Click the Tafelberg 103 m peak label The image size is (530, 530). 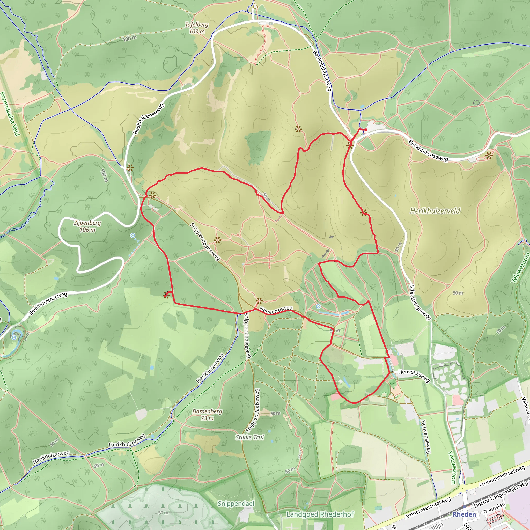196,28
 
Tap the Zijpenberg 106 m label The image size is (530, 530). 87,226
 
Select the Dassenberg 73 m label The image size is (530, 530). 207,415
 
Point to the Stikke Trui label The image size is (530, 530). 249,437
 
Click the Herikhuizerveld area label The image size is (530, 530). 435,211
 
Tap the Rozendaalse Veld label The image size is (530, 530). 10,114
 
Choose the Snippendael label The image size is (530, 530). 236,504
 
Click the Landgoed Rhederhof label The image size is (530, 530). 320,514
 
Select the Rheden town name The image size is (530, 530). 464,514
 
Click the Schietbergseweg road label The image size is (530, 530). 420,302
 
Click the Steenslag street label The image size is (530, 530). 494,508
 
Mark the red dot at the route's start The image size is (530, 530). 366,130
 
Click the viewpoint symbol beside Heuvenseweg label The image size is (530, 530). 259,301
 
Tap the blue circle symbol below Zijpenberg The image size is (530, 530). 133,235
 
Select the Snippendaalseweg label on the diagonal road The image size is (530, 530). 205,241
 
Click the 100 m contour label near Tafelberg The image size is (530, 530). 129,39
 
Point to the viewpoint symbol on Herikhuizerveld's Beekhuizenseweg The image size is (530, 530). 489,156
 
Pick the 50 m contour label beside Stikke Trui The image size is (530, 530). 275,413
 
